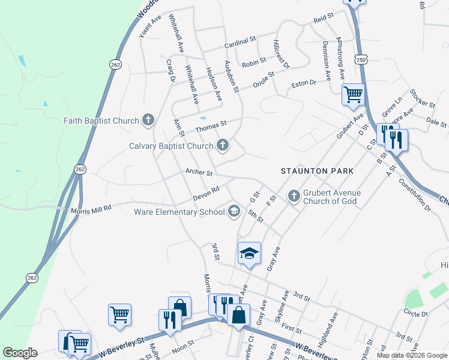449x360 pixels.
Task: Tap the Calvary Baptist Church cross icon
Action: (x=223, y=145)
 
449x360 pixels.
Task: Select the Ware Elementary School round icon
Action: (x=234, y=211)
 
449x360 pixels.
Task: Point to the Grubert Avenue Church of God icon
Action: (x=294, y=196)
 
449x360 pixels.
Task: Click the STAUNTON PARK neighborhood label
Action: (x=318, y=171)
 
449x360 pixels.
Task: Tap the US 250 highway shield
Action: (x=360, y=60)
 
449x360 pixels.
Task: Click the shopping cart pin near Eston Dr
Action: (x=353, y=94)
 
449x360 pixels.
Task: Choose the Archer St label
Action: (x=199, y=173)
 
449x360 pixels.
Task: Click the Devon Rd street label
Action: (x=206, y=193)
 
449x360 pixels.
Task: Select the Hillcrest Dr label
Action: (x=282, y=55)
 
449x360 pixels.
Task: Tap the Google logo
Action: (x=19, y=353)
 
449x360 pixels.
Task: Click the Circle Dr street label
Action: (x=415, y=313)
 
